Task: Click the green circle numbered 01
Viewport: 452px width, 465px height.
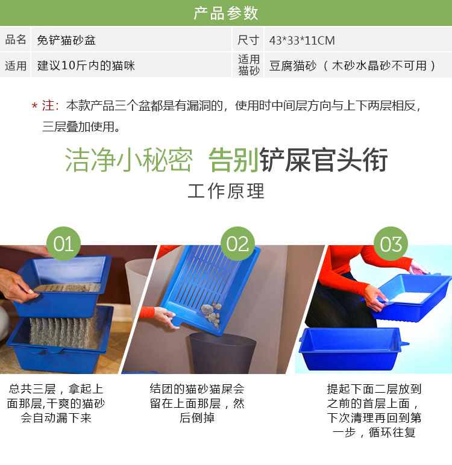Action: (63, 244)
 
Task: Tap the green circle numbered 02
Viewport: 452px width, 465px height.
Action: (237, 244)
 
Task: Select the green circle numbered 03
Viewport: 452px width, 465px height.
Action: (391, 244)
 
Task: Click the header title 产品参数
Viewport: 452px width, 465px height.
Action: (226, 13)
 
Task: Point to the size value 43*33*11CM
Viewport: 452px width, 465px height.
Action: (302, 40)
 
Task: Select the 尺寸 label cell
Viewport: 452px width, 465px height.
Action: (248, 40)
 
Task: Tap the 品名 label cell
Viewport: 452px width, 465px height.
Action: (16, 39)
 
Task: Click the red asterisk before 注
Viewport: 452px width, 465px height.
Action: (35, 106)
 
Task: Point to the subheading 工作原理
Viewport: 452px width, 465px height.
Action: (226, 191)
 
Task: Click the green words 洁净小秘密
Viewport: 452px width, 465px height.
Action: (129, 160)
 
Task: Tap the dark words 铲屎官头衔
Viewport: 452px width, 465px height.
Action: (324, 160)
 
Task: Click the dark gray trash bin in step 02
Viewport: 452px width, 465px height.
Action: (222, 353)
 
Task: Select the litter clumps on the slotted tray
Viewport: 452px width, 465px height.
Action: (212, 314)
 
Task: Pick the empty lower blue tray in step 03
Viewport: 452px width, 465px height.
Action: (353, 349)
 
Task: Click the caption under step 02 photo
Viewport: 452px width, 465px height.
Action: (197, 404)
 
